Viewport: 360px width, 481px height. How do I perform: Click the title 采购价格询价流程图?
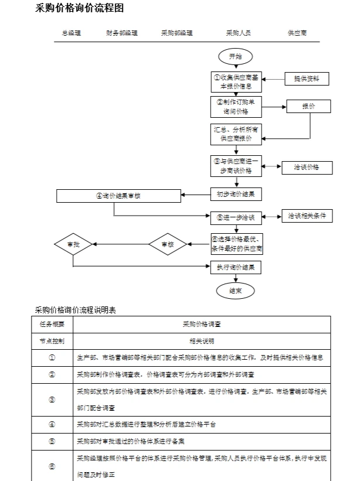pyautogui.click(x=80, y=9)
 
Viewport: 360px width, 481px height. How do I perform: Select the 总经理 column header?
pyautogui.click(x=71, y=33)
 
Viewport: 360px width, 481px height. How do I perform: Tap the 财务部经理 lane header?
pyautogui.click(x=122, y=33)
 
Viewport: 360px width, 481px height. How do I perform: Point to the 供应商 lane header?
pyautogui.click(x=297, y=33)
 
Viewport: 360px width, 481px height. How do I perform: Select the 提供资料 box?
pyautogui.click(x=307, y=78)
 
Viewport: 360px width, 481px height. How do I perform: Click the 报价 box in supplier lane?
pyautogui.click(x=308, y=107)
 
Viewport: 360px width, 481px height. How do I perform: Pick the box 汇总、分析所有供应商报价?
pyautogui.click(x=236, y=134)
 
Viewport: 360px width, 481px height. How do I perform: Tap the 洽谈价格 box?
pyautogui.click(x=307, y=168)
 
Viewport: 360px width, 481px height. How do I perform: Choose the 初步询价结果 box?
pyautogui.click(x=236, y=194)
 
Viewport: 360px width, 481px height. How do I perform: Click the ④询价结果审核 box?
pyautogui.click(x=119, y=196)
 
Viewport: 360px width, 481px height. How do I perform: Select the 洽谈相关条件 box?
pyautogui.click(x=307, y=216)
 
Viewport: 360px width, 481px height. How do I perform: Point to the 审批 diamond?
pyautogui.click(x=73, y=244)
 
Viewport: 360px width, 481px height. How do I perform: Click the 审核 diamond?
pyautogui.click(x=167, y=244)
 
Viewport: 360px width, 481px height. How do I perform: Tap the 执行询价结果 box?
pyautogui.click(x=236, y=268)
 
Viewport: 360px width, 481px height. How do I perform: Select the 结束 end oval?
pyautogui.click(x=235, y=290)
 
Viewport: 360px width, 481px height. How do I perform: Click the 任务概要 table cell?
pyautogui.click(x=52, y=324)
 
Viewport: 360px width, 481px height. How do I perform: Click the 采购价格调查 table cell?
pyautogui.click(x=201, y=324)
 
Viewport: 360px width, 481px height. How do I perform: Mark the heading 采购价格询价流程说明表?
pyautogui.click(x=76, y=310)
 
